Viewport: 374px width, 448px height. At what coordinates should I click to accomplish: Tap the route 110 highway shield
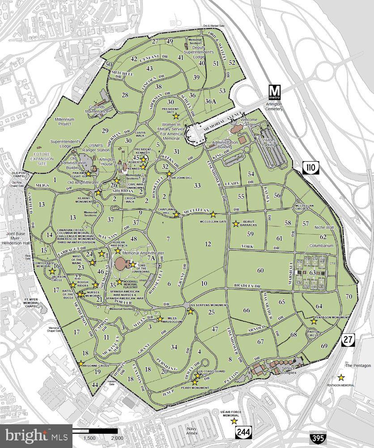pyautogui.click(x=307, y=167)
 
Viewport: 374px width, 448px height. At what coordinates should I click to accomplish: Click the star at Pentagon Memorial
pyautogui.click(x=341, y=377)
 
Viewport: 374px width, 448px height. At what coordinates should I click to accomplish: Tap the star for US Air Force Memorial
pyautogui.click(x=234, y=421)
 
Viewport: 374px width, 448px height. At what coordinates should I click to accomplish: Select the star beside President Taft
pyautogui.click(x=176, y=116)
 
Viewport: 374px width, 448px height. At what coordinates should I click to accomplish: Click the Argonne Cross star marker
pyautogui.click(x=81, y=364)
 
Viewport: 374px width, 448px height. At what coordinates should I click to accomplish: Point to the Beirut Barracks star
pyautogui.click(x=236, y=223)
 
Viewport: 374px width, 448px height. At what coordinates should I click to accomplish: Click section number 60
pyautogui.click(x=260, y=270)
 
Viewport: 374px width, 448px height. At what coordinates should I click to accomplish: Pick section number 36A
pyautogui.click(x=210, y=101)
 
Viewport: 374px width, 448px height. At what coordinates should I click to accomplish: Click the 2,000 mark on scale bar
pyautogui.click(x=117, y=438)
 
